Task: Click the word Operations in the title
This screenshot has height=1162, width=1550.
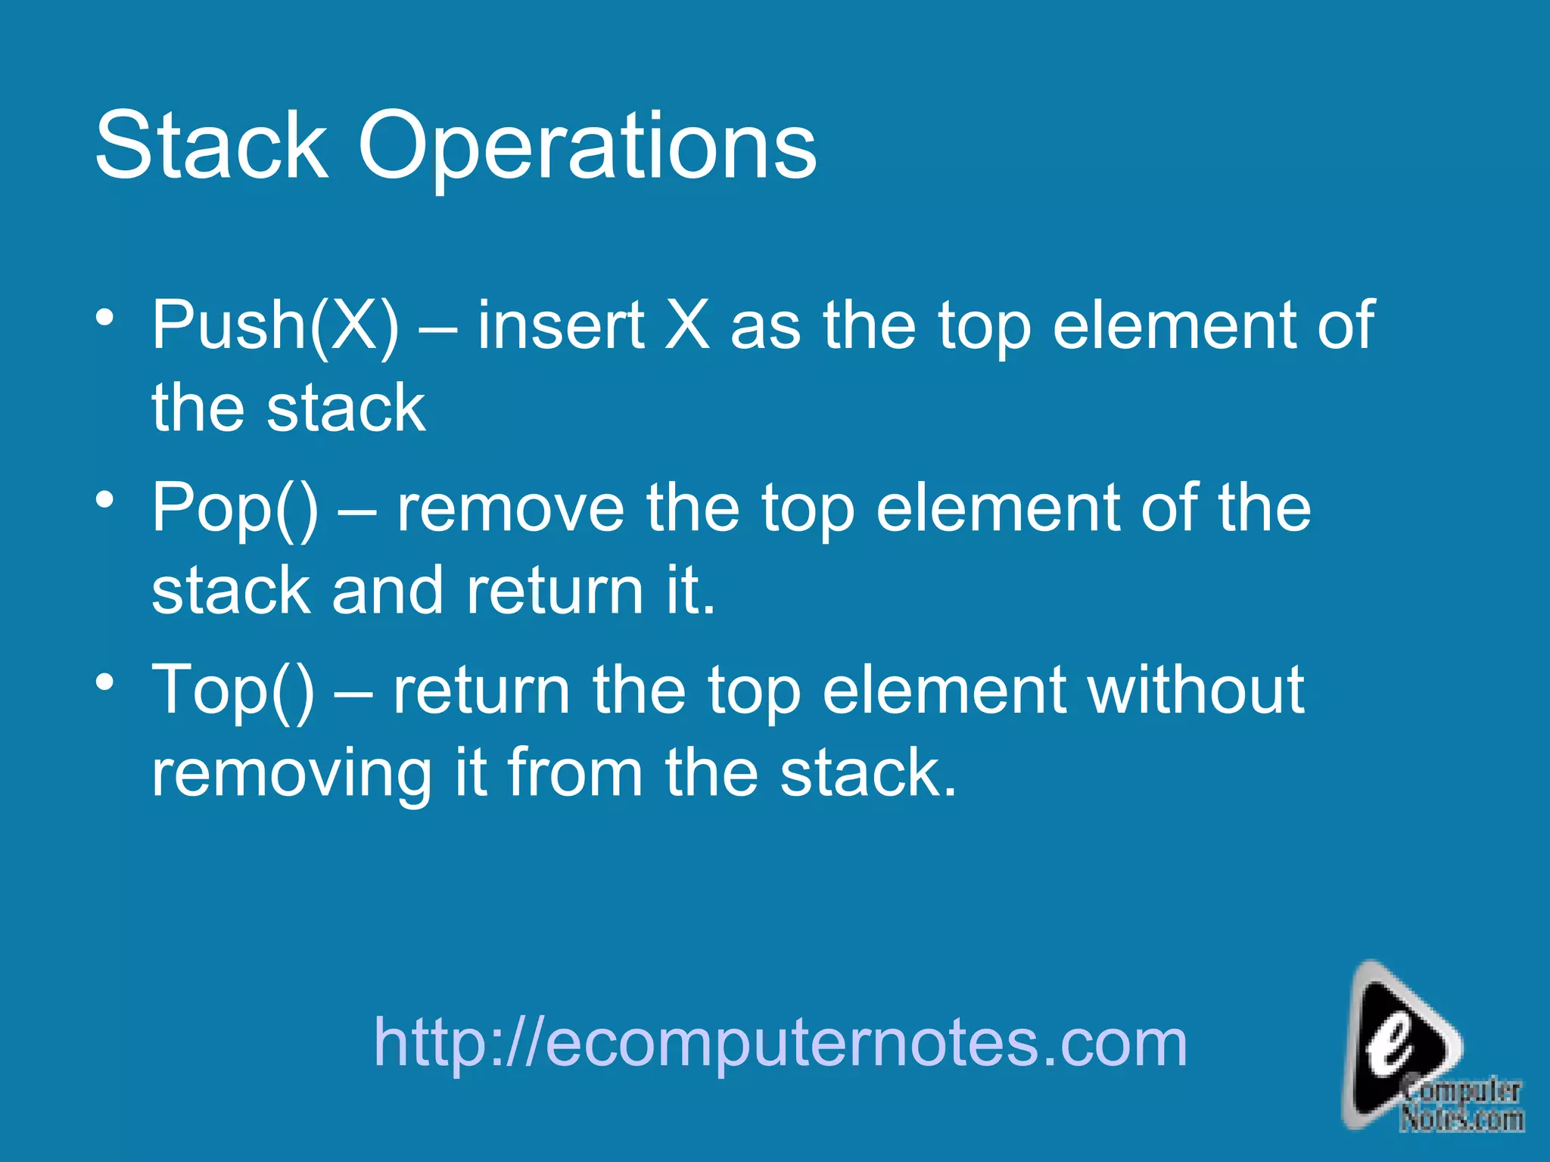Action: [587, 148]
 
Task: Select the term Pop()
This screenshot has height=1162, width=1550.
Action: [235, 508]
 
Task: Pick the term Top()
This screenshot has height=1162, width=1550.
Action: [233, 690]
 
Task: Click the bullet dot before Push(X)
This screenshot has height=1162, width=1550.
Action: [105, 316]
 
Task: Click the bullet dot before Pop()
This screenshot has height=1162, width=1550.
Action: [105, 499]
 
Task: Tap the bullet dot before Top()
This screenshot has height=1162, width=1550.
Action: [105, 682]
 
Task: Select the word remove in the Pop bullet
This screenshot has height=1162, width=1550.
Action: [511, 508]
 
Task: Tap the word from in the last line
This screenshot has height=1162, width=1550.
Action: [575, 773]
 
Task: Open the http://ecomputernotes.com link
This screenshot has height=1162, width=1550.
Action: [780, 1043]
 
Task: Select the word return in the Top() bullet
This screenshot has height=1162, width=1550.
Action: [481, 690]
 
